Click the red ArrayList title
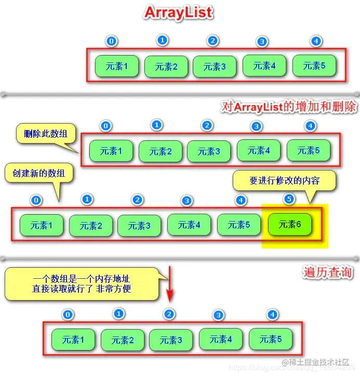pos(178,12)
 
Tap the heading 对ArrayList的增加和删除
pos(289,107)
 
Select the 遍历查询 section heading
pos(328,272)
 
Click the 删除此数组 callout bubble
pos(45,134)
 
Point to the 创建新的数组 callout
pos(37,173)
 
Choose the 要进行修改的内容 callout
pos(284,180)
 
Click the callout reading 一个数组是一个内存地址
pos(82,284)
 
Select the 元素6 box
pos(290,225)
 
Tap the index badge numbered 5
pos(290,199)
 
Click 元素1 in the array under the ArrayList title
pos(117,66)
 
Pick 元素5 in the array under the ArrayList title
pos(314,66)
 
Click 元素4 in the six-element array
pos(189,225)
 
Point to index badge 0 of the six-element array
pos(36,200)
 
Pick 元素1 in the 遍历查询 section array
pos(73,340)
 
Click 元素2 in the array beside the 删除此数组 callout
pos(161,152)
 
